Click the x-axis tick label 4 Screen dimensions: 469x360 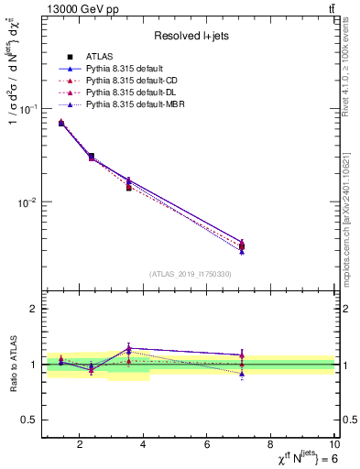coord(143,446)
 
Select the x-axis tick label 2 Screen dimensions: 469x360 coord(80,446)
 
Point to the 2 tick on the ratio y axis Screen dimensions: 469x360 coord(33,309)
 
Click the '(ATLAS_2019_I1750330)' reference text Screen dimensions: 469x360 coord(190,274)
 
